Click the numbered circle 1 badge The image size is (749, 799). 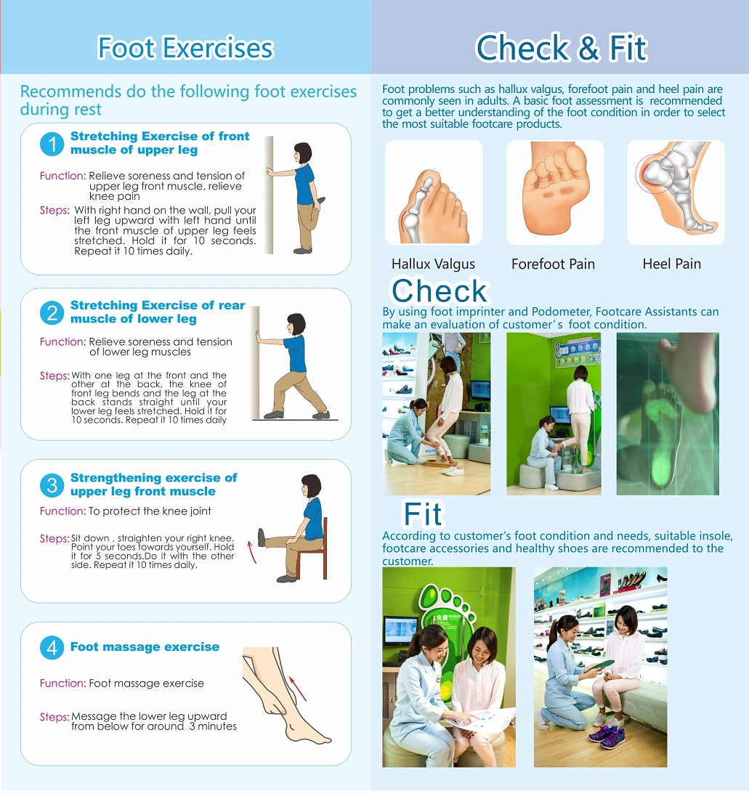click(x=52, y=144)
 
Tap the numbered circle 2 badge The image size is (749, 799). click(x=52, y=312)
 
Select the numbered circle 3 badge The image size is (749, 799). click(x=52, y=485)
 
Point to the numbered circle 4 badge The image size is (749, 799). click(x=52, y=648)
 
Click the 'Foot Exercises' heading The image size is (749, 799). click(x=185, y=48)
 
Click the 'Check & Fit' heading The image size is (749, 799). click(x=562, y=48)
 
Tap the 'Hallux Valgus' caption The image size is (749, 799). click(x=433, y=264)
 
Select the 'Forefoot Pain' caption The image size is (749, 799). click(x=553, y=264)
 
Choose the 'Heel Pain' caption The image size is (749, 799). click(x=671, y=264)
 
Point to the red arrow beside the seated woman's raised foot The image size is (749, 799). click(x=251, y=552)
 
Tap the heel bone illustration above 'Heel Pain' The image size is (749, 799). click(x=676, y=192)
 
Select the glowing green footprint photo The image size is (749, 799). click(x=668, y=414)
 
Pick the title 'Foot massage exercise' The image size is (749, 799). click(x=145, y=646)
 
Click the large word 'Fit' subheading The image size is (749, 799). click(x=423, y=514)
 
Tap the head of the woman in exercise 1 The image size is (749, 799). click(x=303, y=153)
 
